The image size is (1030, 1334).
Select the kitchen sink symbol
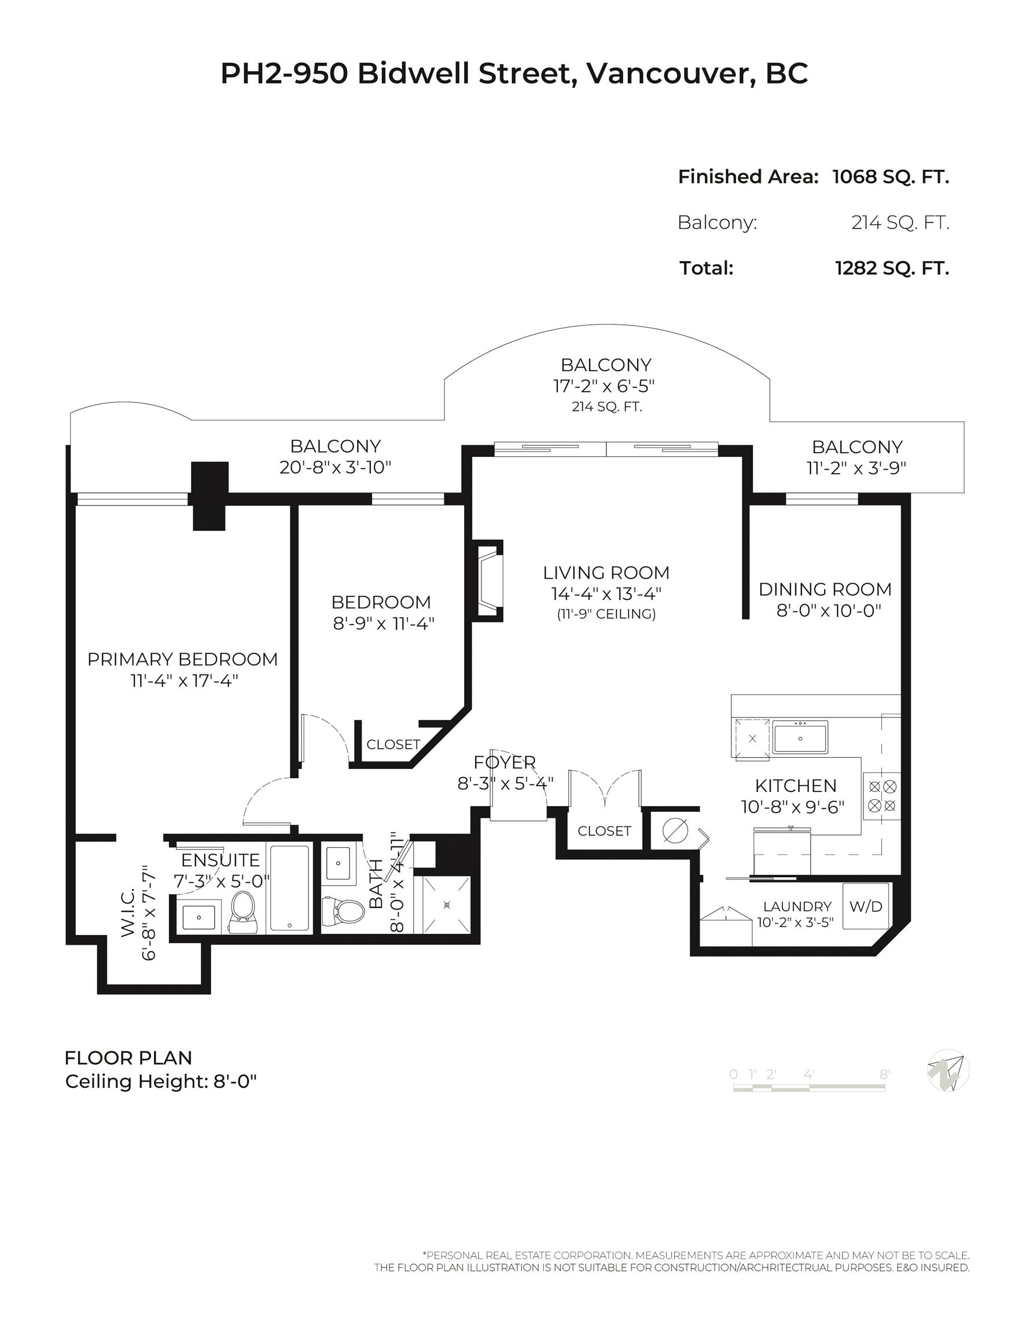(800, 738)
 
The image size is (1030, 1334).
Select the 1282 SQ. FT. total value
(892, 268)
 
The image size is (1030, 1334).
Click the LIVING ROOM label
(606, 573)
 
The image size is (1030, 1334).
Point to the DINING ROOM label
(825, 589)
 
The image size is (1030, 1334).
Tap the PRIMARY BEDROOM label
(182, 659)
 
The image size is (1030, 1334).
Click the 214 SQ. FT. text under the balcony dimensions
(607, 407)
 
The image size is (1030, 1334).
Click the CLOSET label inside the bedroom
(393, 745)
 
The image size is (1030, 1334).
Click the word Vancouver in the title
(667, 74)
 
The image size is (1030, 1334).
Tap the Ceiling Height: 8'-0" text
(161, 1082)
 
